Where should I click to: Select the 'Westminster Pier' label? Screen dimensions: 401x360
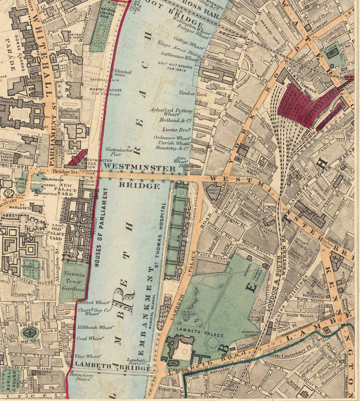click(114, 152)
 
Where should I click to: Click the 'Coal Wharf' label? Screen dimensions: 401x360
click(88, 338)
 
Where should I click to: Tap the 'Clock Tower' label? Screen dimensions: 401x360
click(89, 183)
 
